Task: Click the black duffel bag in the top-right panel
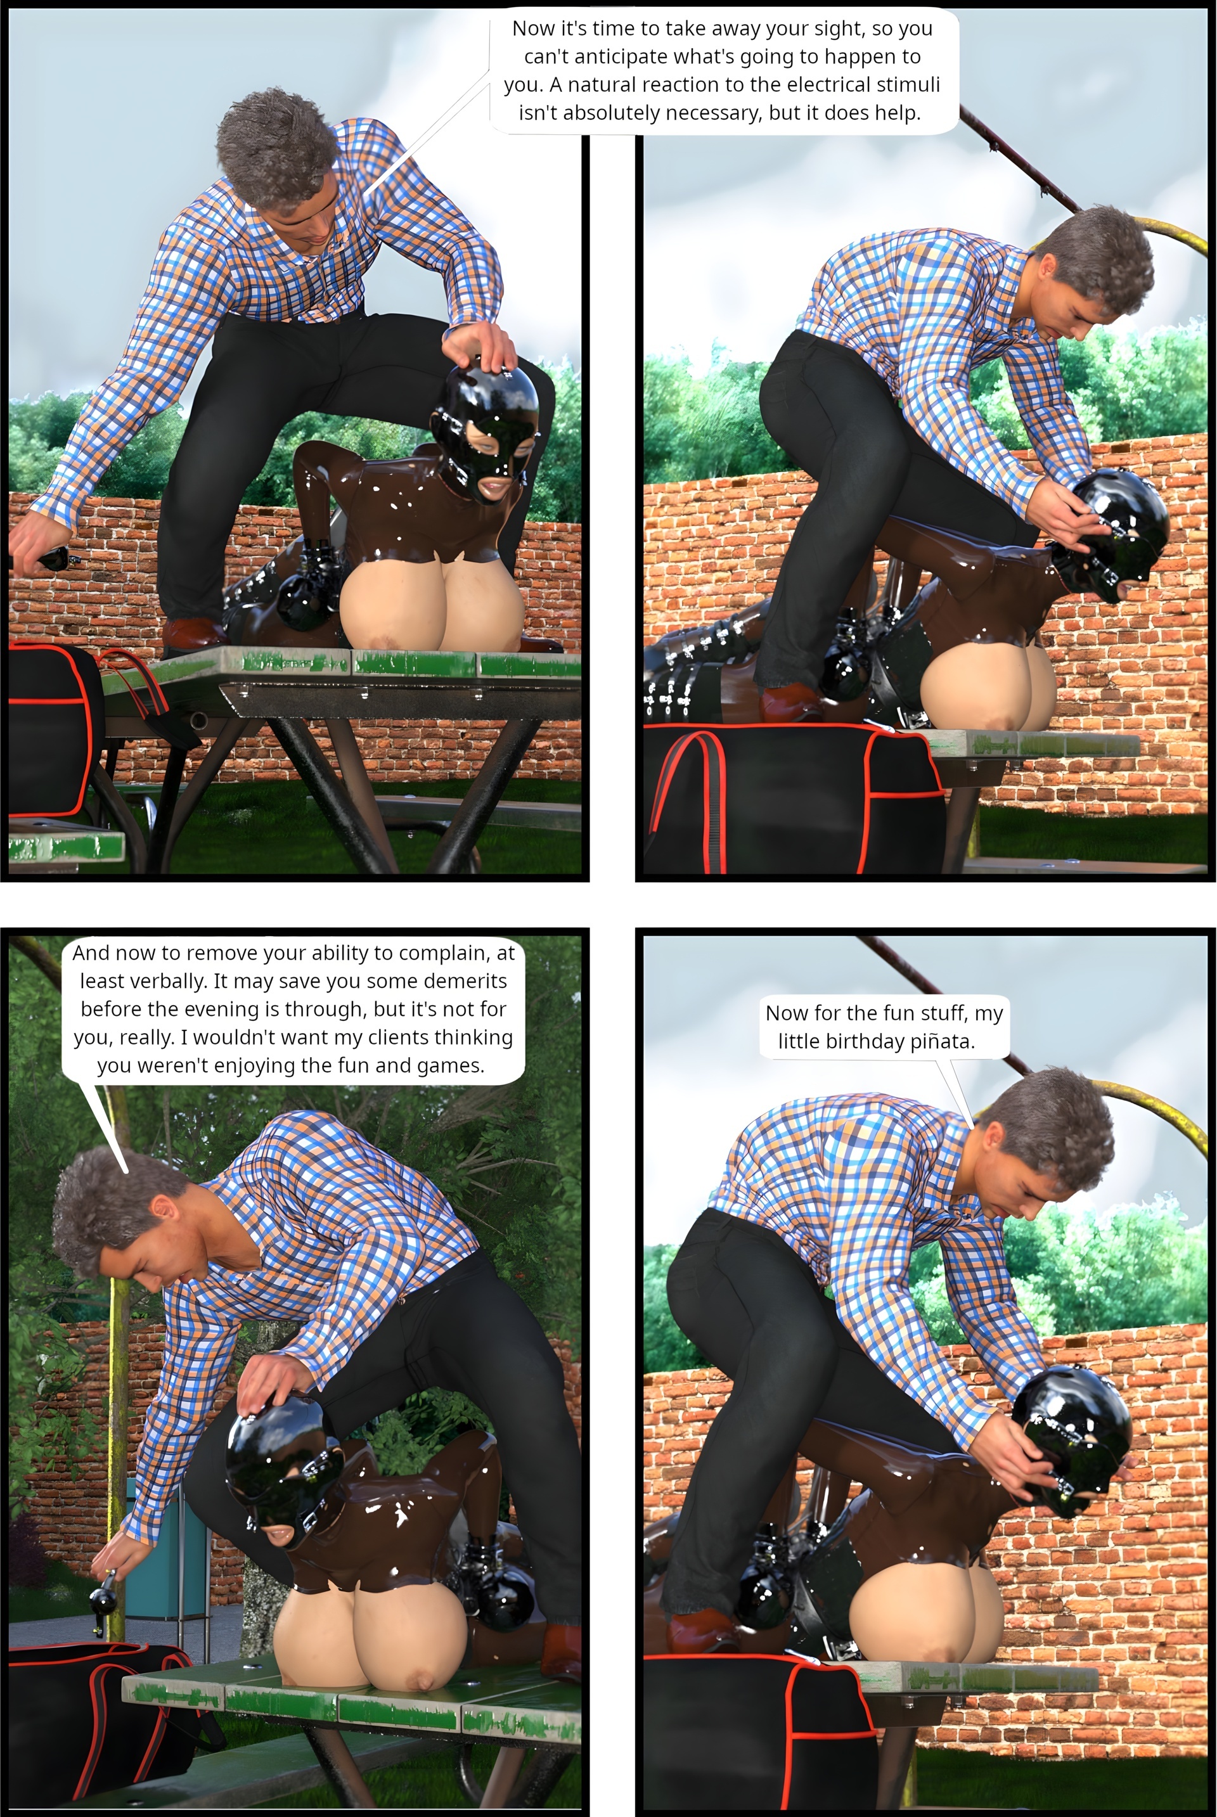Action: pos(792,799)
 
